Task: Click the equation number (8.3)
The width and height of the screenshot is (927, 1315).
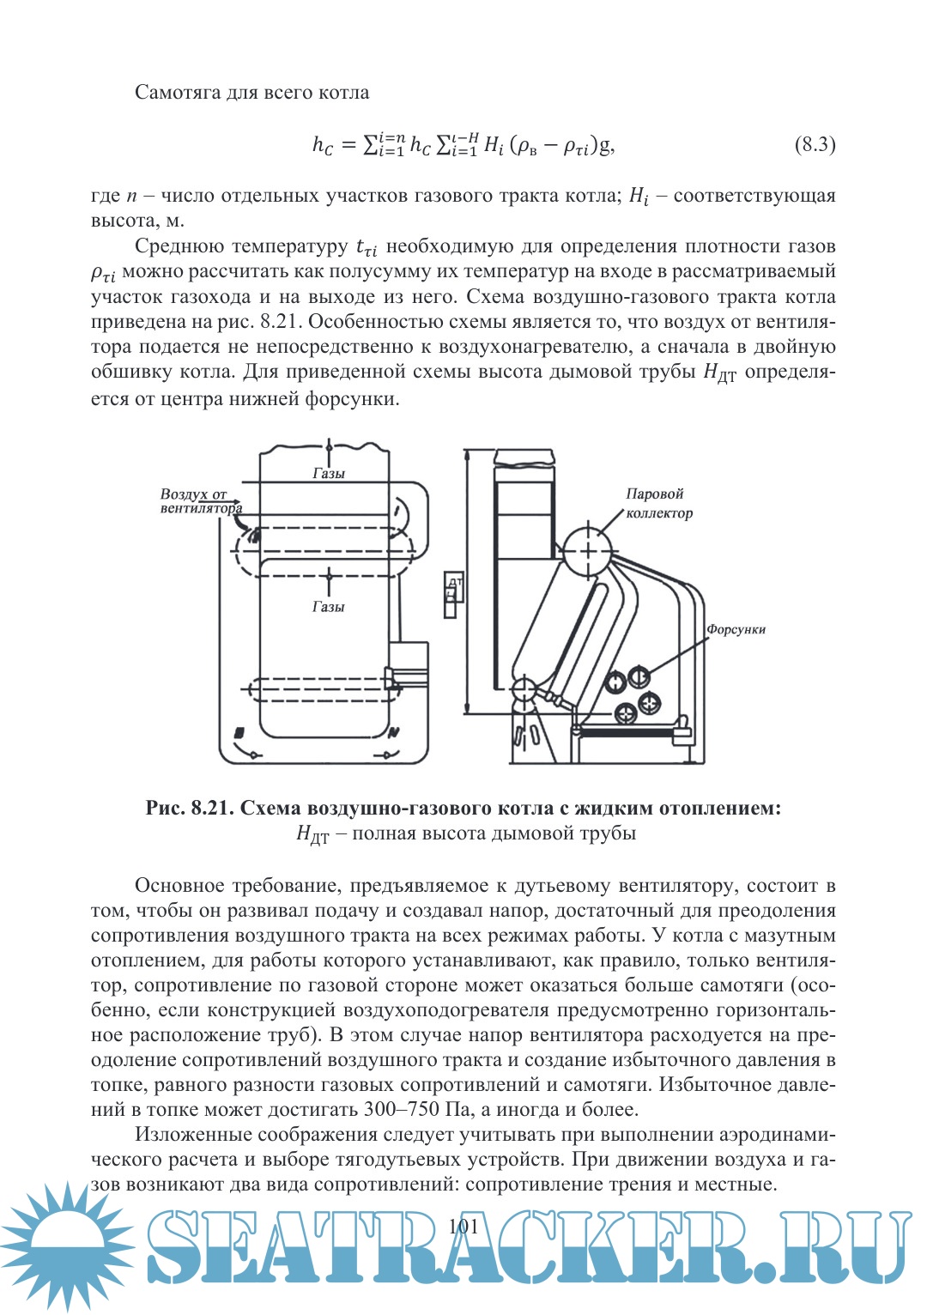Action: coord(815,144)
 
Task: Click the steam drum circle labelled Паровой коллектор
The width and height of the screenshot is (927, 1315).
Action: coord(588,550)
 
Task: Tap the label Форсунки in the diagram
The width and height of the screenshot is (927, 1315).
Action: coord(736,629)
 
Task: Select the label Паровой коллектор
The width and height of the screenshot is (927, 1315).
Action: coord(658,504)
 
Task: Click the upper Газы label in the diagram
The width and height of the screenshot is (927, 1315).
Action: coord(329,473)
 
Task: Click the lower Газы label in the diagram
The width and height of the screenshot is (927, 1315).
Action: coord(328,607)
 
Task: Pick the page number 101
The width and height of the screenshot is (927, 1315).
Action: coord(463,1226)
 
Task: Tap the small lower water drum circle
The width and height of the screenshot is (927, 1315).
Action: coord(524,688)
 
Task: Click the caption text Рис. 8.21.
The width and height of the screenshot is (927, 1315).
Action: coord(189,808)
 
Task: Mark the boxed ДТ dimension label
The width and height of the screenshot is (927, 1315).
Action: coord(453,594)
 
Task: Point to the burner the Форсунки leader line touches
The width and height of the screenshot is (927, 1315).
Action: coord(639,676)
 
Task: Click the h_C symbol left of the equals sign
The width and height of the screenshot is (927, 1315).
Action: coord(323,145)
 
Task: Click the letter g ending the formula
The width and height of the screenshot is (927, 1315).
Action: coord(606,145)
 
